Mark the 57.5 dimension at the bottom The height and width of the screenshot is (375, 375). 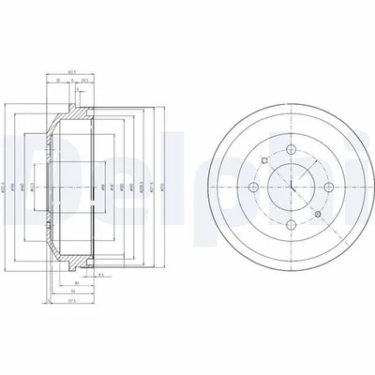pyautogui.click(x=66, y=301)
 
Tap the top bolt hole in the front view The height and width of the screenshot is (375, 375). pyautogui.click(x=292, y=152)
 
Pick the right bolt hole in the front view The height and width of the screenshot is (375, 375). pyautogui.click(x=329, y=189)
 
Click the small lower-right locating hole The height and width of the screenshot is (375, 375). pyautogui.click(x=314, y=212)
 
